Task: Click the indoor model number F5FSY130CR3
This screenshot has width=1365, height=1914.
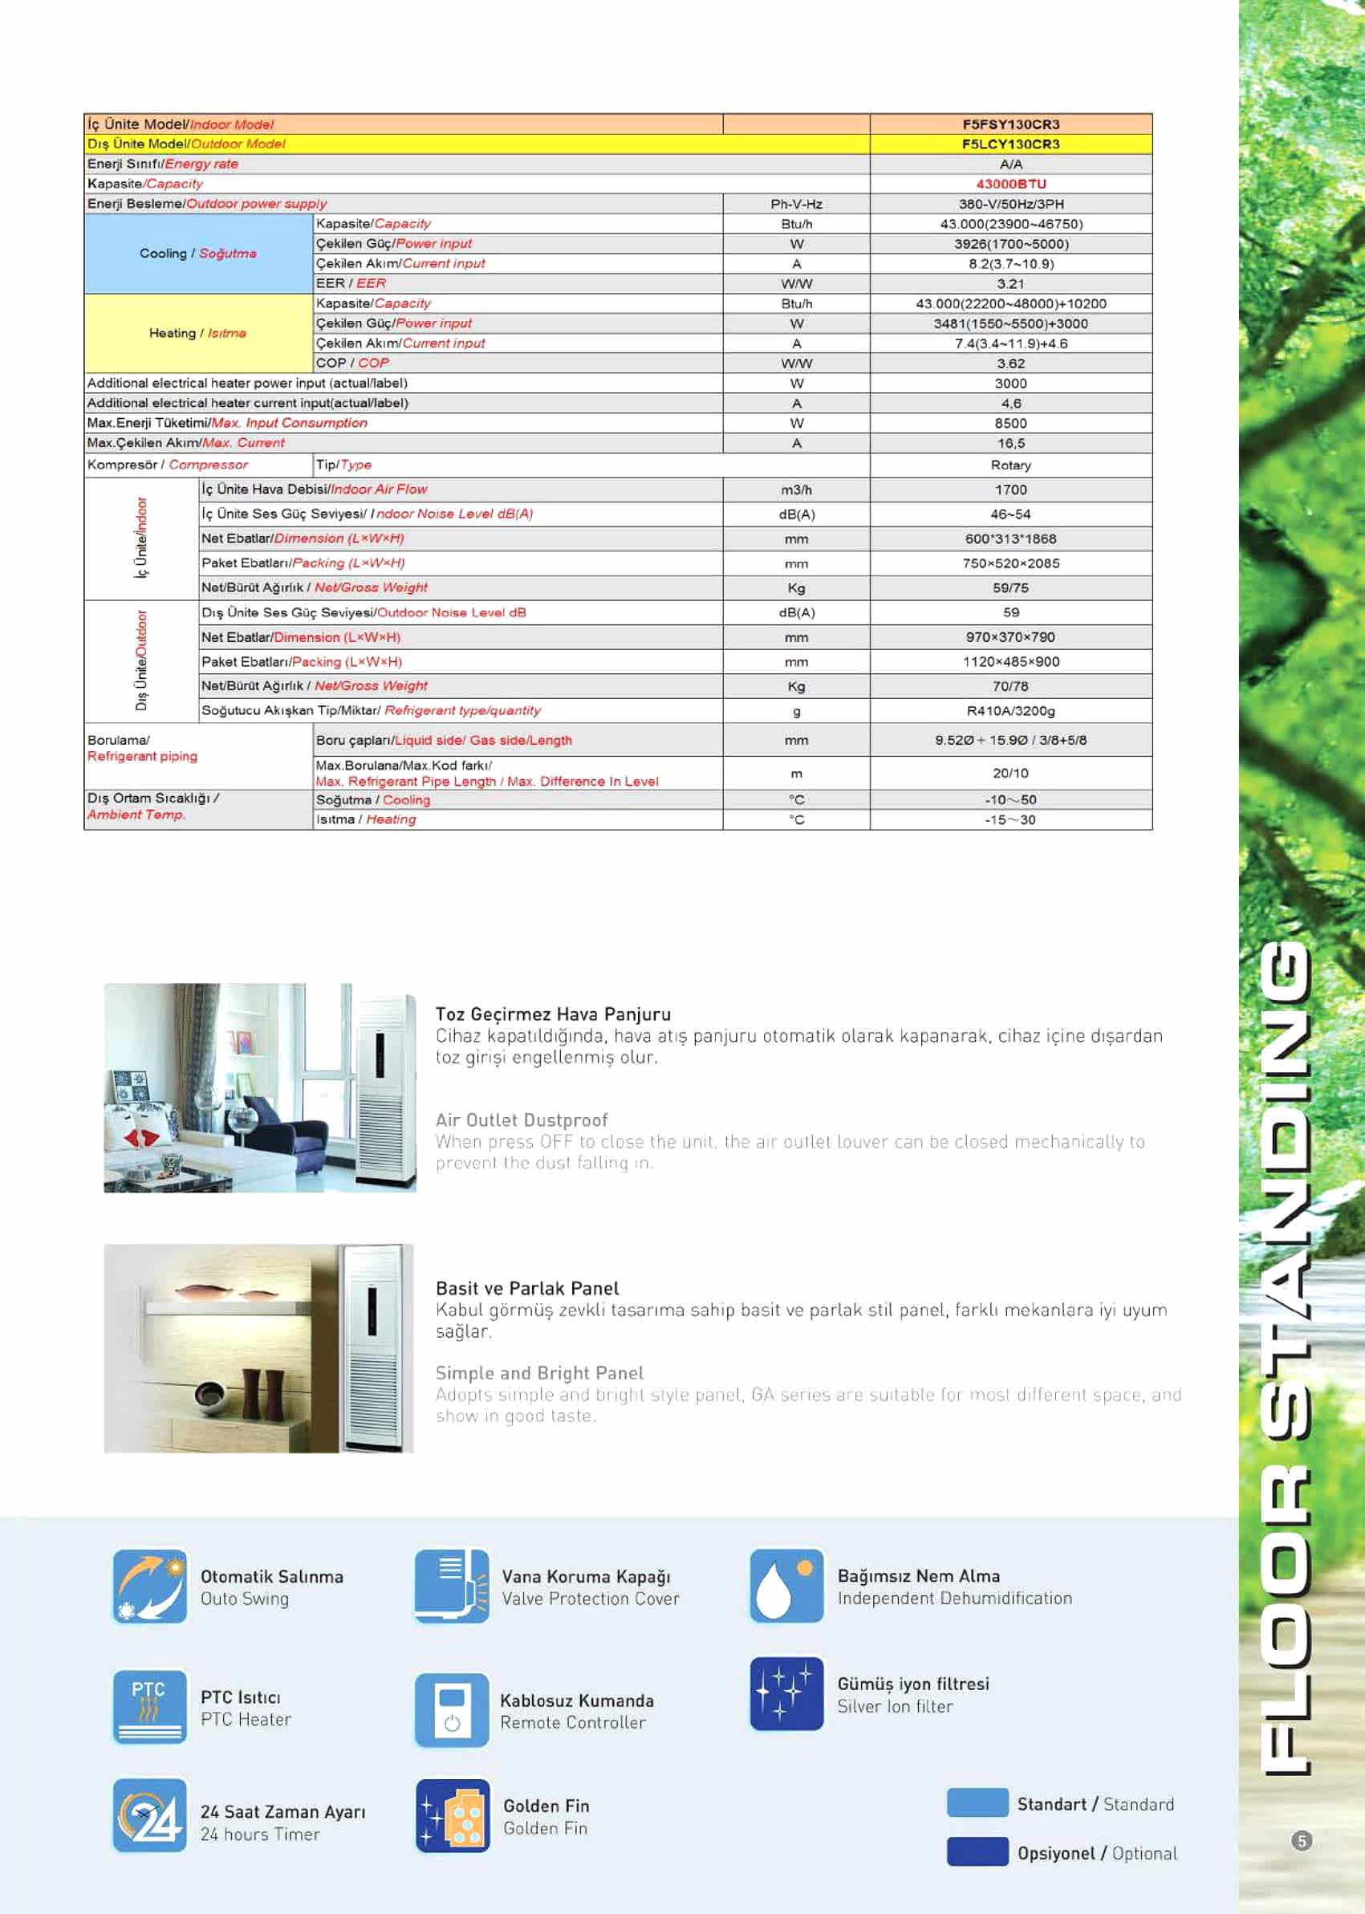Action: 1010,124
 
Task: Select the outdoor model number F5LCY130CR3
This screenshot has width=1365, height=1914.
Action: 1010,144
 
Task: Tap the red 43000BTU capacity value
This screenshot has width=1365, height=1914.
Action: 1010,184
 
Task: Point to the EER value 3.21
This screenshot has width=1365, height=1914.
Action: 1010,284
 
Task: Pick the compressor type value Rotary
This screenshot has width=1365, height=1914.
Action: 1010,465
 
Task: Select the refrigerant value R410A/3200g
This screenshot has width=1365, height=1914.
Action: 1010,711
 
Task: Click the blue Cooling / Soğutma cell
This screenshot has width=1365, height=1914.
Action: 197,254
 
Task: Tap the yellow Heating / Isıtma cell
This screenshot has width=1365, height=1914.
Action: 197,334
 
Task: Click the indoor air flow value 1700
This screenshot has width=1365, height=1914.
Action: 1010,490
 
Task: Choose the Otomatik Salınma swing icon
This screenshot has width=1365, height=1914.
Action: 150,1587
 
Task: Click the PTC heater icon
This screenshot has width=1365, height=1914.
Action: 150,1706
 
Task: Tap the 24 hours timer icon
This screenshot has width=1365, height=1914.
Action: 150,1815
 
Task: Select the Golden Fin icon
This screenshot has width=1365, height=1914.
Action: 453,1815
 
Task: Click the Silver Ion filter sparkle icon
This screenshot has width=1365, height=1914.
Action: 786,1694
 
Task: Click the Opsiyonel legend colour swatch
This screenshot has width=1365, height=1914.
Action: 977,1851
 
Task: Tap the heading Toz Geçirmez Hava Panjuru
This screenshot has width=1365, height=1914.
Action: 553,1014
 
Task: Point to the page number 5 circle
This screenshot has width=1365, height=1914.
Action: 1301,1841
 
